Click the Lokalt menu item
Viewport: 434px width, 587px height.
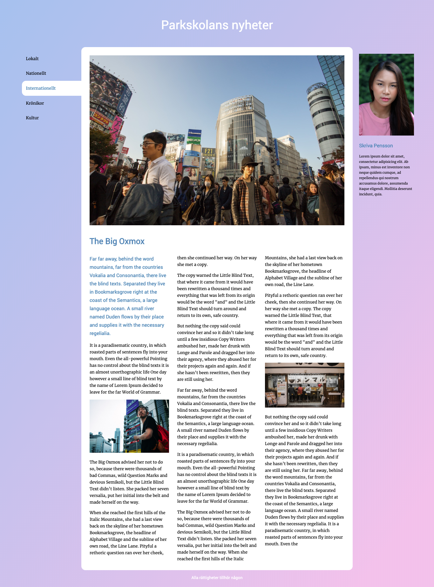tap(32, 59)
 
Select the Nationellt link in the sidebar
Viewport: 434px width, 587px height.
tap(36, 73)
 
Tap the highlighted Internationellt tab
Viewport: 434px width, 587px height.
tap(41, 88)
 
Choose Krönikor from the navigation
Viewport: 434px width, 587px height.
tap(35, 103)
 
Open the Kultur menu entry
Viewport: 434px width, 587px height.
tap(32, 118)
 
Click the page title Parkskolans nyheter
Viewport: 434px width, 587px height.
tap(217, 25)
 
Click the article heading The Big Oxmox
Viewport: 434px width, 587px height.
tap(117, 241)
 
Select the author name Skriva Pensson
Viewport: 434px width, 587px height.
tap(376, 146)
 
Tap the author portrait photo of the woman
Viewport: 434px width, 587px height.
tap(386, 94)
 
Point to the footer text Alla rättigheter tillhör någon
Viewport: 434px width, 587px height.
tap(217, 577)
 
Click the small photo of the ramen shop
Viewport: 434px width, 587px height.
tap(304, 385)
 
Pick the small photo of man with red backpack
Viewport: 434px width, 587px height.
tap(129, 426)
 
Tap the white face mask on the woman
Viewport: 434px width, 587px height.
tap(207, 184)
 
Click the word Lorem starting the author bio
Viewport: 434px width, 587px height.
tap(364, 156)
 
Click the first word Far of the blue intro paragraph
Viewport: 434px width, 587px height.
tap(93, 259)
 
